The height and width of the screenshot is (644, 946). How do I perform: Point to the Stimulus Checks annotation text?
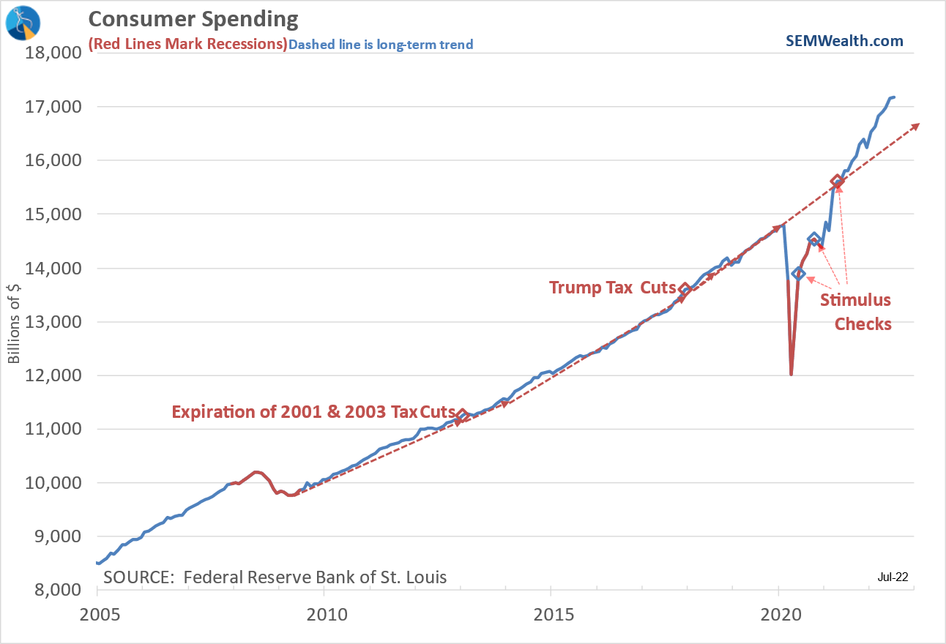(x=855, y=312)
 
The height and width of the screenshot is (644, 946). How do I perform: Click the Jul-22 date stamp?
(x=893, y=577)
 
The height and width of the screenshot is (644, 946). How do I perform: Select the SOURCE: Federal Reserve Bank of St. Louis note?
(x=275, y=577)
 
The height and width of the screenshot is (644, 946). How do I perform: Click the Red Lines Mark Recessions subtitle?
(x=187, y=44)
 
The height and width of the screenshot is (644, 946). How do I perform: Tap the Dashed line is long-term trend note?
(x=381, y=45)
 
